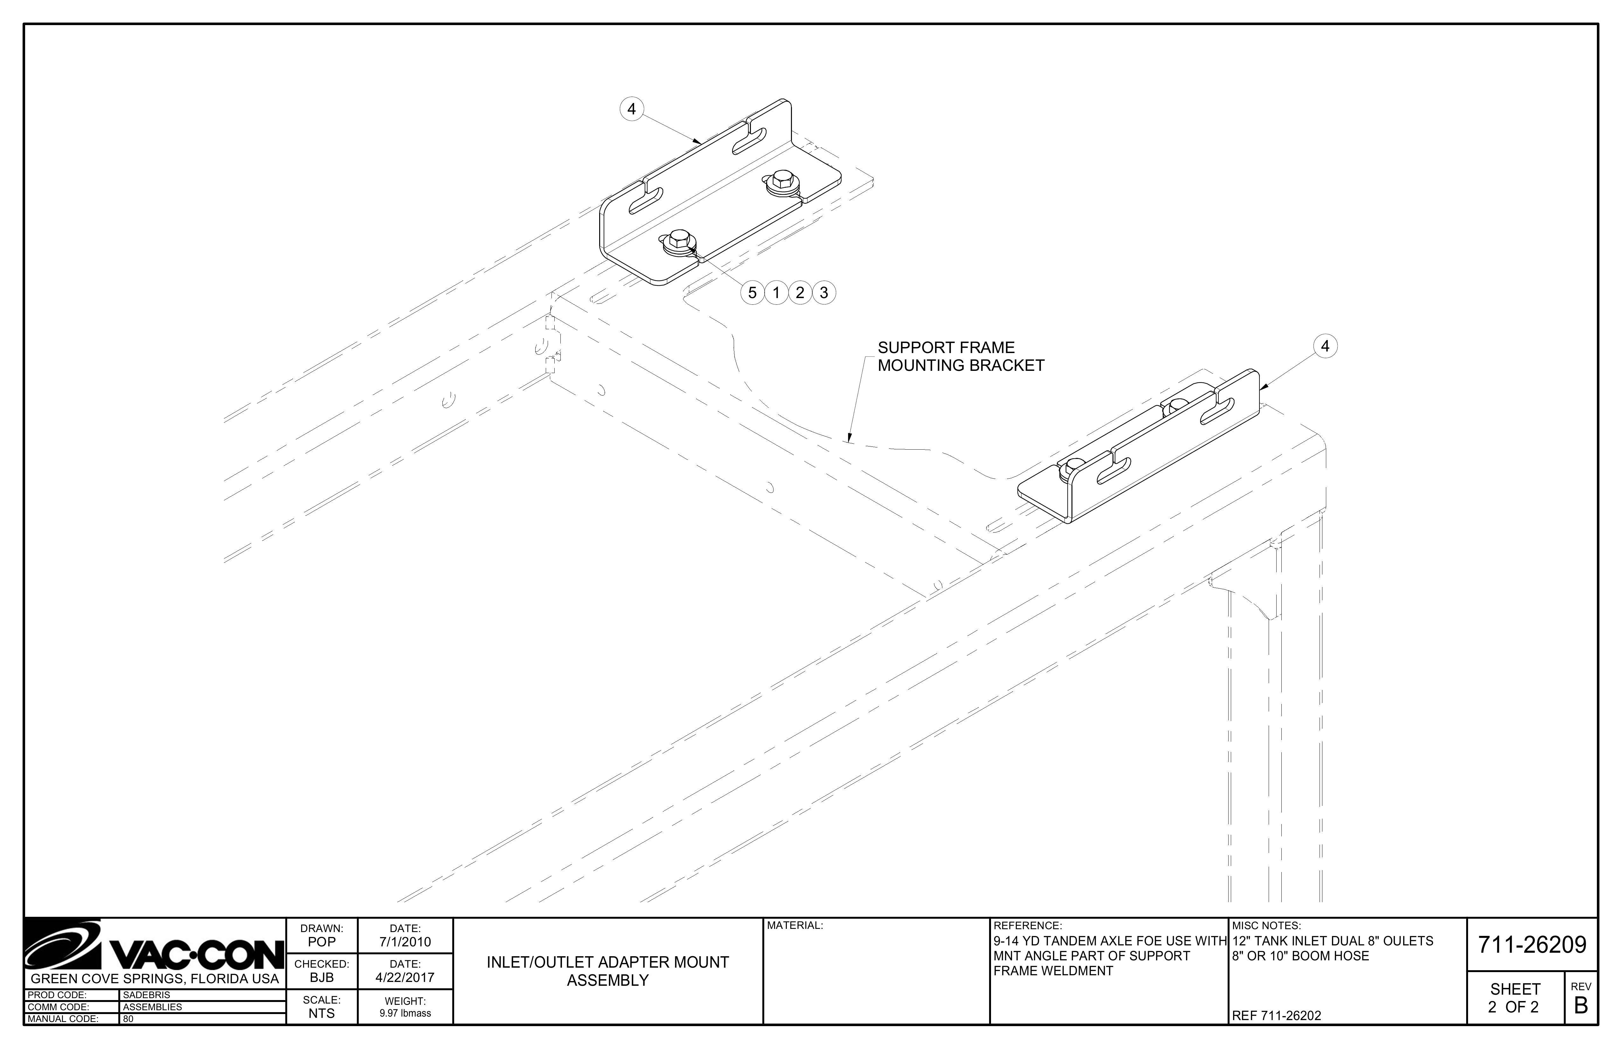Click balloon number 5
click(x=752, y=293)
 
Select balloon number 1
click(x=776, y=293)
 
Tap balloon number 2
click(x=800, y=293)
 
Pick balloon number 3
click(x=824, y=293)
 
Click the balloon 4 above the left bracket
click(x=632, y=109)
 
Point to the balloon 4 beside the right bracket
click(x=1325, y=347)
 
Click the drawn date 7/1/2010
click(x=405, y=942)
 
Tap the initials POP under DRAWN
click(x=322, y=942)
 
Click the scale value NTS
click(x=322, y=1014)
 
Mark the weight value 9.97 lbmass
click(x=405, y=1014)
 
